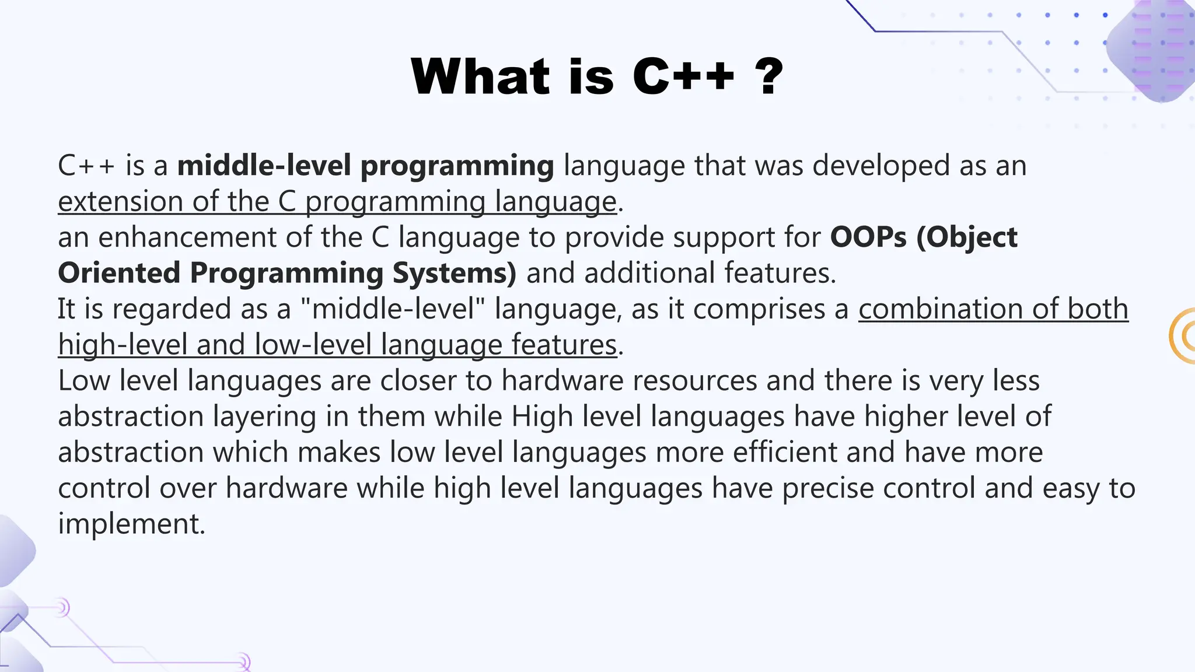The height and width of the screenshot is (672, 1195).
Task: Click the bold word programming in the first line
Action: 457,166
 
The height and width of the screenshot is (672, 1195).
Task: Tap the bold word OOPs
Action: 869,237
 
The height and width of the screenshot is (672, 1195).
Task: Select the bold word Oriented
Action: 119,273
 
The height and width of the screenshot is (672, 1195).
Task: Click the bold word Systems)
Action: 454,273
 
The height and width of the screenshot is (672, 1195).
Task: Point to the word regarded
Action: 171,309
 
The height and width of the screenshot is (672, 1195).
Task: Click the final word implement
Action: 131,524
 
